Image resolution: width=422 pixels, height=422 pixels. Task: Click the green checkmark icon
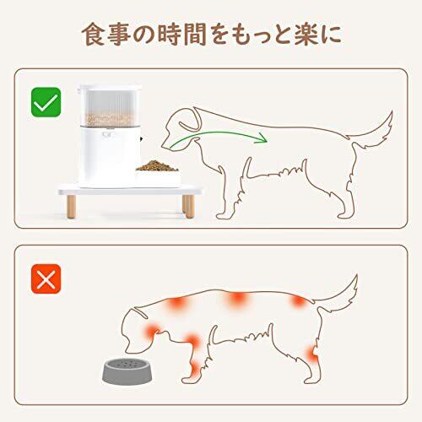[x=46, y=102]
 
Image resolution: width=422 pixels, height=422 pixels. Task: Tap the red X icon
[x=46, y=279]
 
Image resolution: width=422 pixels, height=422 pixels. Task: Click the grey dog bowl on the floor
[x=127, y=371]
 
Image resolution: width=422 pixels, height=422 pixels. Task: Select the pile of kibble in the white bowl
[x=157, y=165]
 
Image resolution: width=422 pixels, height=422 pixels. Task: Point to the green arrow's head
[x=261, y=138]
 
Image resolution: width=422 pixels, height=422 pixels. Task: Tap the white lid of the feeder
[x=110, y=88]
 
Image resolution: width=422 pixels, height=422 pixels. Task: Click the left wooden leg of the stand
[x=71, y=206]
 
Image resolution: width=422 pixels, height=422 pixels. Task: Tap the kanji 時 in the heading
[x=170, y=35]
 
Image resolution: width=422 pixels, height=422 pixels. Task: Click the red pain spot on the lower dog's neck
[x=153, y=331]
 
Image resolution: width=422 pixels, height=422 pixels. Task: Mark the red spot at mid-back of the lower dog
[x=236, y=299]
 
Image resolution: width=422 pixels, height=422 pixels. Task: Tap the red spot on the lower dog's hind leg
[x=312, y=355]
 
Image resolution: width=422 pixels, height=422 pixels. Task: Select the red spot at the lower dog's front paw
[x=195, y=370]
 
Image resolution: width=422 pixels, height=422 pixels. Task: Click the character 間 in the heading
[x=195, y=35]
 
